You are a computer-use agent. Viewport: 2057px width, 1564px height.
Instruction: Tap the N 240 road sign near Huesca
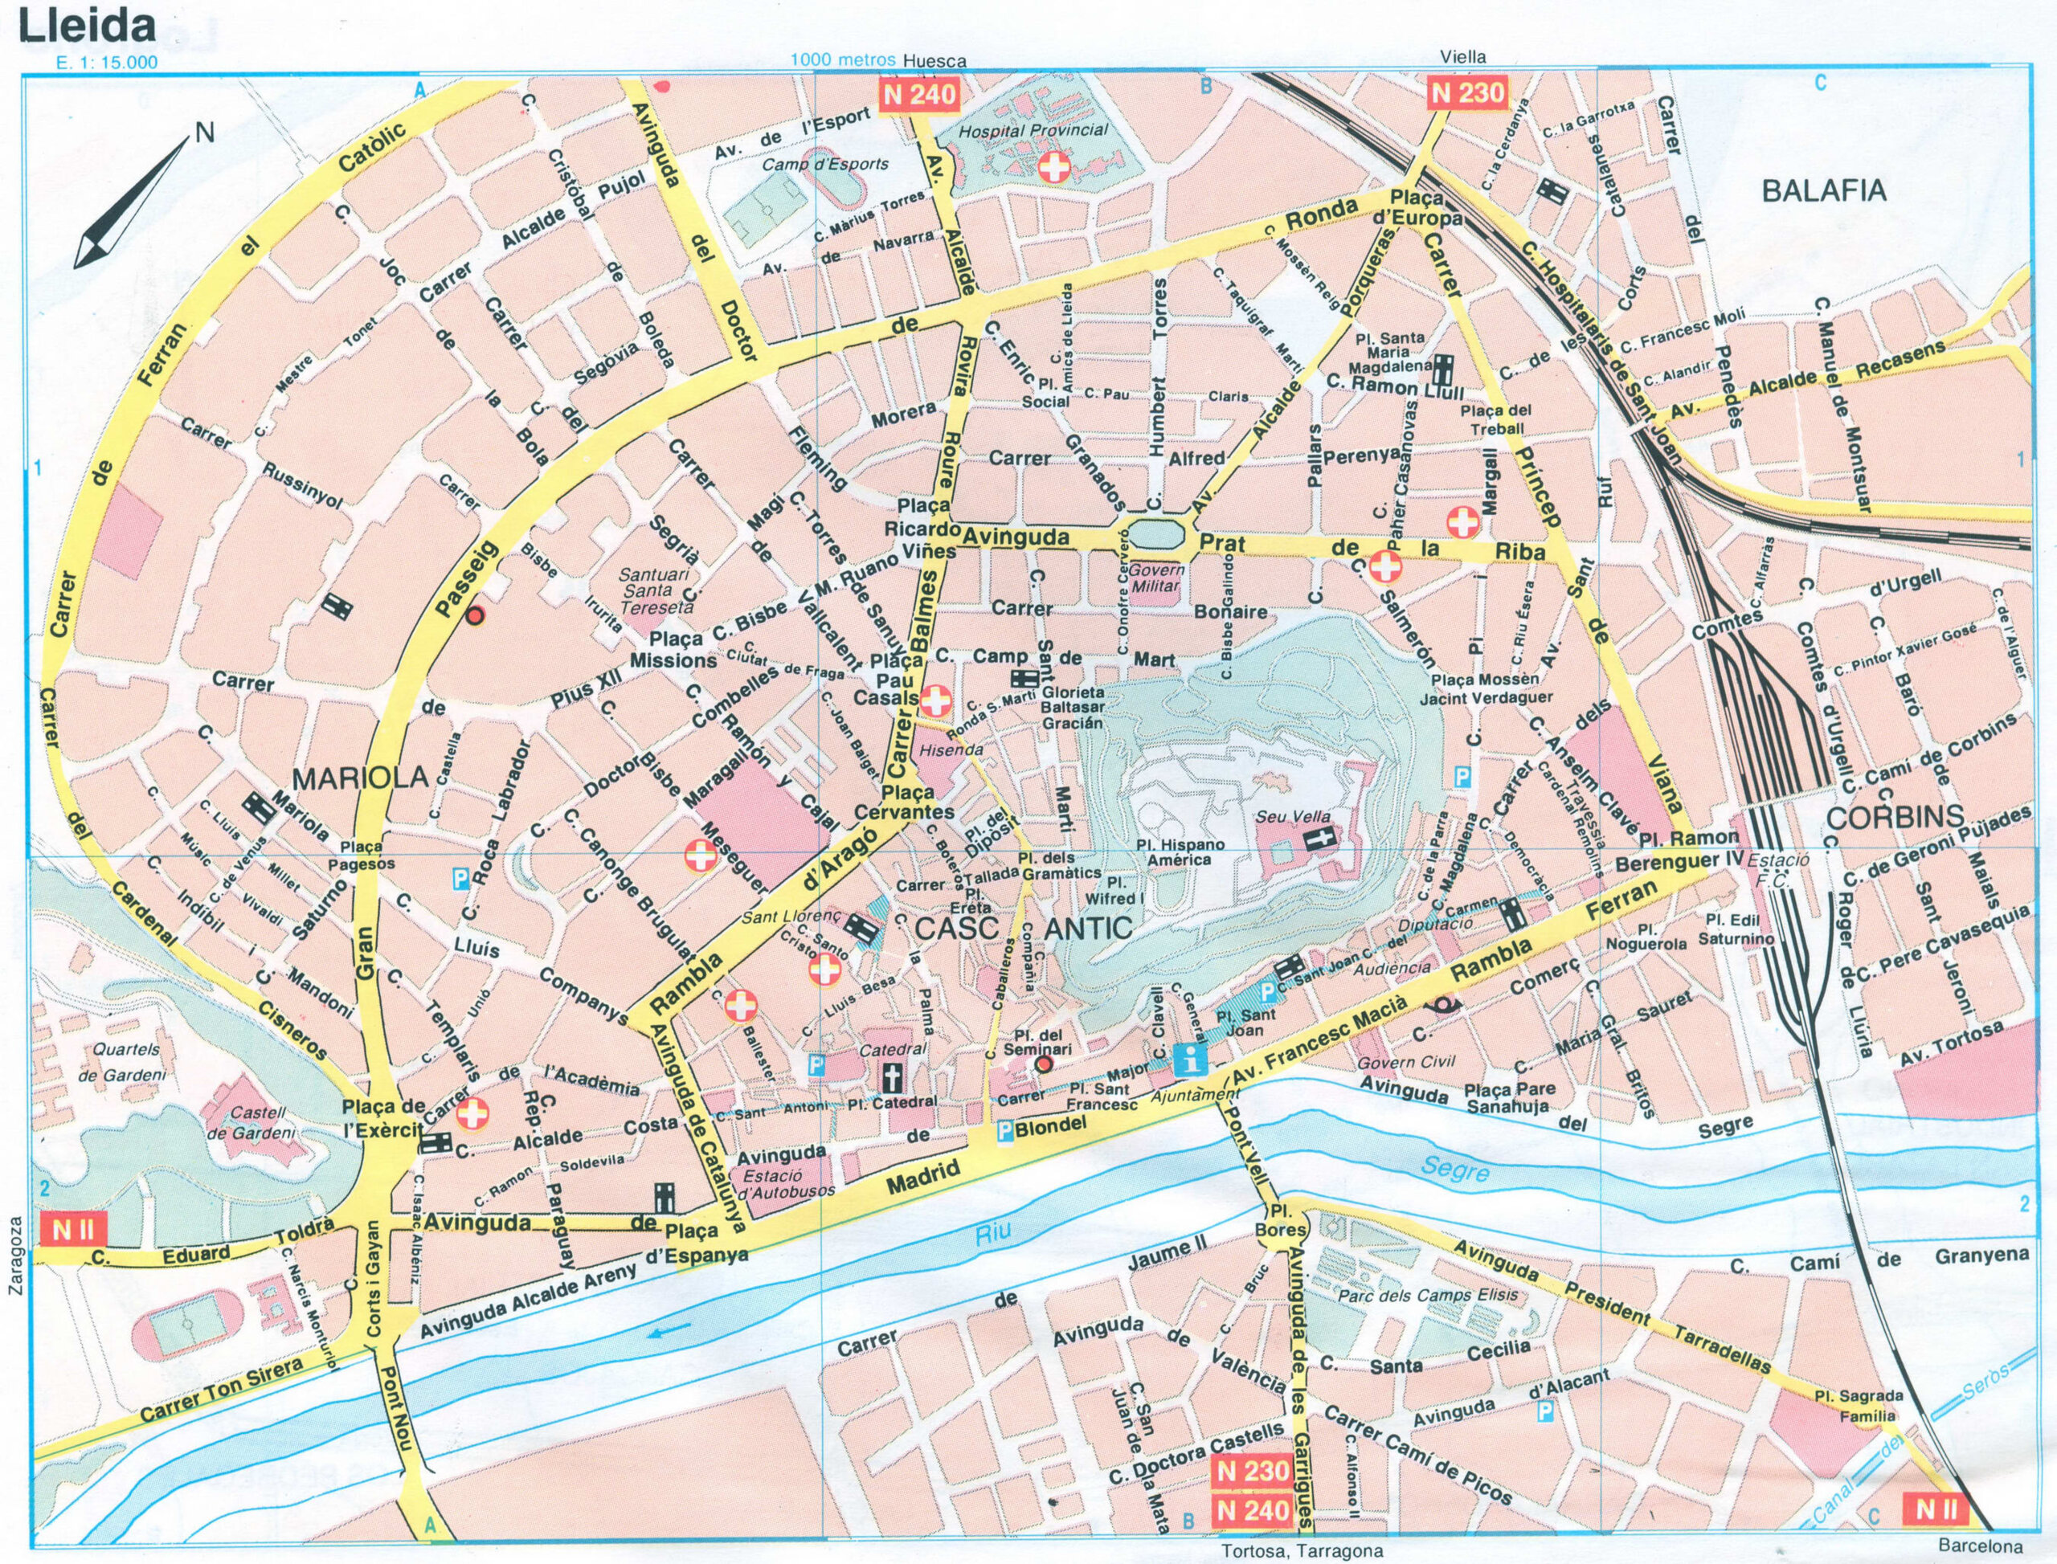(919, 94)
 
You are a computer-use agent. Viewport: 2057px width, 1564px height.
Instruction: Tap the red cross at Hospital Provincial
(1055, 169)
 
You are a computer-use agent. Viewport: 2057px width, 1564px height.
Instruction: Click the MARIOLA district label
(359, 777)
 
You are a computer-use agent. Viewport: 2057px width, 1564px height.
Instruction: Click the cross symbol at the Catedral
(893, 1079)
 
